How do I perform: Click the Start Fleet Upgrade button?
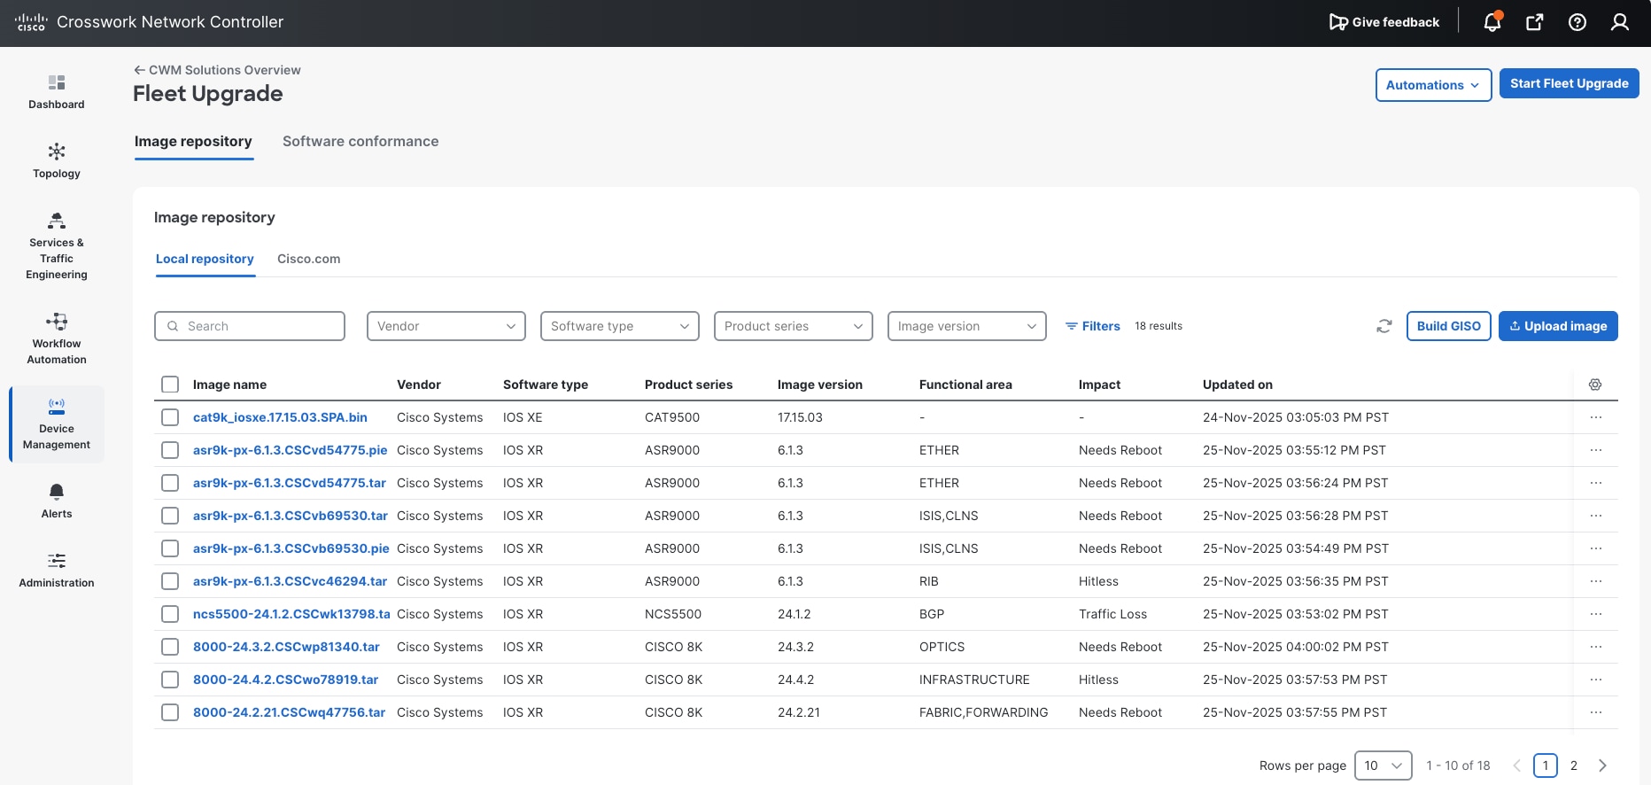click(1569, 84)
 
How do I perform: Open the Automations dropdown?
click(1432, 85)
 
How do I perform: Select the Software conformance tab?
click(360, 142)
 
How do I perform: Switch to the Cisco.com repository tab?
click(308, 260)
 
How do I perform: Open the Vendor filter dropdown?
click(446, 326)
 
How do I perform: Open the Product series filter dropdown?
click(793, 326)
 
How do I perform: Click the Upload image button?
click(1557, 326)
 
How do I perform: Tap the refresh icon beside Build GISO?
click(1384, 326)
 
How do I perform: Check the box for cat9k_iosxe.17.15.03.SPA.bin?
click(170, 417)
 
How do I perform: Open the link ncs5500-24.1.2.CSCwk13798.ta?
click(291, 614)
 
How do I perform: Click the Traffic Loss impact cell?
click(1112, 614)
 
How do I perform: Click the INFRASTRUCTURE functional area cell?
click(974, 680)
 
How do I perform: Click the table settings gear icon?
click(1594, 385)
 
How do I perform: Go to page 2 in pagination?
click(1573, 766)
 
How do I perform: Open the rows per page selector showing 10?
click(1383, 766)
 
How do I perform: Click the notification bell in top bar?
click(1492, 22)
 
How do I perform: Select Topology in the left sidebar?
click(57, 160)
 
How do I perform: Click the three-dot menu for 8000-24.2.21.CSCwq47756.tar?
click(1595, 712)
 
